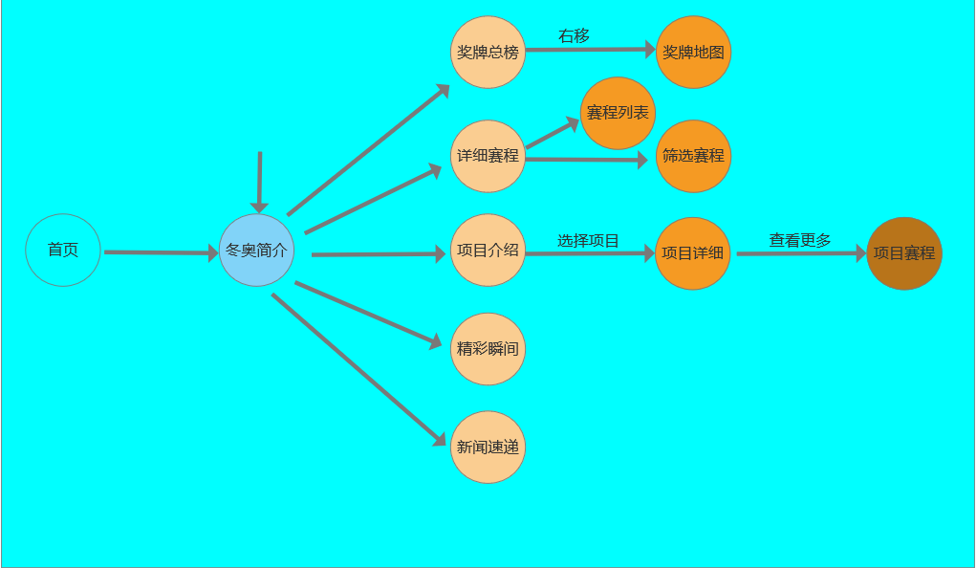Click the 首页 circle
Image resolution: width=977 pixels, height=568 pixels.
click(x=62, y=251)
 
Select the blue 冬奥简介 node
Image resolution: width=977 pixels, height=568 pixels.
click(x=255, y=251)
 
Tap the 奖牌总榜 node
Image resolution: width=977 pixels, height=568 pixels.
click(x=488, y=53)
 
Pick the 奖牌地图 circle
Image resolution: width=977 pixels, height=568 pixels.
click(x=694, y=53)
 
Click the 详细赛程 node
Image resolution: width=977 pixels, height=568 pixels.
click(x=488, y=156)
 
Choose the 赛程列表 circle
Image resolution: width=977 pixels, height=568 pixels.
click(x=618, y=113)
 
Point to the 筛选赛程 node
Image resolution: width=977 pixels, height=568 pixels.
click(x=694, y=156)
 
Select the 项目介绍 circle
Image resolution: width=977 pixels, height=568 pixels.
click(x=488, y=251)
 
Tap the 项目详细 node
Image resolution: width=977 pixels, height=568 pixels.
click(x=693, y=253)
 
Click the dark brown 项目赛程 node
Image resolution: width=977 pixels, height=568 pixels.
click(x=904, y=253)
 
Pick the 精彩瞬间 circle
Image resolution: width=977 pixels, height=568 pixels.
click(x=488, y=349)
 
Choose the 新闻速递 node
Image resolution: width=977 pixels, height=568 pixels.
click(x=488, y=447)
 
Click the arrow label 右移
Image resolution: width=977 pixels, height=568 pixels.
click(x=574, y=36)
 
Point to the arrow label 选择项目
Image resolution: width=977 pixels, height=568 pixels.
click(x=588, y=241)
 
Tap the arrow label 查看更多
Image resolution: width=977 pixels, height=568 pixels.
click(x=800, y=241)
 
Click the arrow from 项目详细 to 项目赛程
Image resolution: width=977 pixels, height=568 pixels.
click(x=800, y=254)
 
